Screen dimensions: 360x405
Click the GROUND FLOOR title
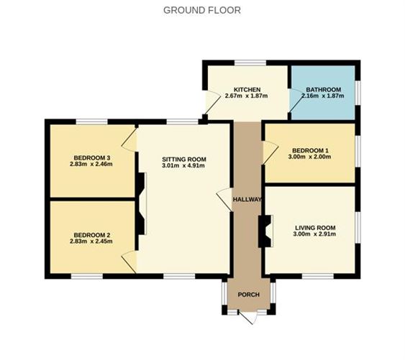pyautogui.click(x=201, y=10)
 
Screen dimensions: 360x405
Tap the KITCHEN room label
pyautogui.click(x=246, y=88)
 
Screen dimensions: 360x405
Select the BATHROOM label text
pyautogui.click(x=321, y=89)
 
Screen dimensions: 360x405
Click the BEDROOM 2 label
pyautogui.click(x=91, y=234)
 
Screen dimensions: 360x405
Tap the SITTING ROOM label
pyautogui.click(x=183, y=159)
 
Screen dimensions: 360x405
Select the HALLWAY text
pyautogui.click(x=247, y=199)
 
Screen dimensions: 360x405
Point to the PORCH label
pyautogui.click(x=248, y=295)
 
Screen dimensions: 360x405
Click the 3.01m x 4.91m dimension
pyautogui.click(x=183, y=166)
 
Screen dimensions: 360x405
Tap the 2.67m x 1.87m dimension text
pyautogui.click(x=246, y=96)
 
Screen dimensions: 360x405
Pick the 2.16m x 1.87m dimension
pyautogui.click(x=321, y=96)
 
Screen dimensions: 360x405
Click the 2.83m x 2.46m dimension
pyautogui.click(x=91, y=165)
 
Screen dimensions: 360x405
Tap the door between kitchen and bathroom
pyautogui.click(x=293, y=101)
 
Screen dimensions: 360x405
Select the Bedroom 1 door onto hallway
pyautogui.click(x=269, y=152)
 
